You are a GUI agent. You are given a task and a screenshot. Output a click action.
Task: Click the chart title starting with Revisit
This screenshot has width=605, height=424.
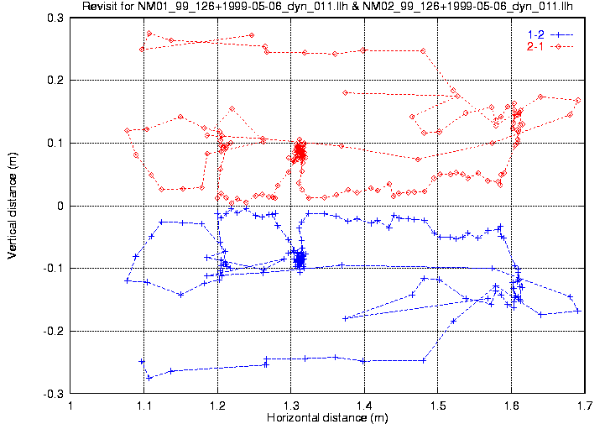click(x=333, y=8)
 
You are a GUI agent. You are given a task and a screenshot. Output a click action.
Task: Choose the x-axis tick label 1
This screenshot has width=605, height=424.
click(x=71, y=406)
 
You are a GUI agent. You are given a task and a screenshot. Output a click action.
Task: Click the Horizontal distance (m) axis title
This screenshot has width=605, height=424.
click(x=327, y=417)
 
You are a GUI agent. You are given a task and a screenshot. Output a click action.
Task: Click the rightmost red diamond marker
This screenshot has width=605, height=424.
click(x=579, y=101)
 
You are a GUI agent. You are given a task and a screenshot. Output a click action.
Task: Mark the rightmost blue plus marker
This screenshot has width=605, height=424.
click(x=579, y=311)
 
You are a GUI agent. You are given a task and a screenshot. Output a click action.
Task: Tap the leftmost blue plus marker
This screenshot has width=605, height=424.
click(x=127, y=280)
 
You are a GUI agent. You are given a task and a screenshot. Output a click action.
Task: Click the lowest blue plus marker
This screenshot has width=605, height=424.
click(x=149, y=378)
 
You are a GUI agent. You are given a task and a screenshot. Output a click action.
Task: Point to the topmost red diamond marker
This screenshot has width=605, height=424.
click(x=149, y=34)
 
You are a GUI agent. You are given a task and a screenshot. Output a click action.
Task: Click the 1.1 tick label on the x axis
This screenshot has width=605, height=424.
click(x=144, y=406)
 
